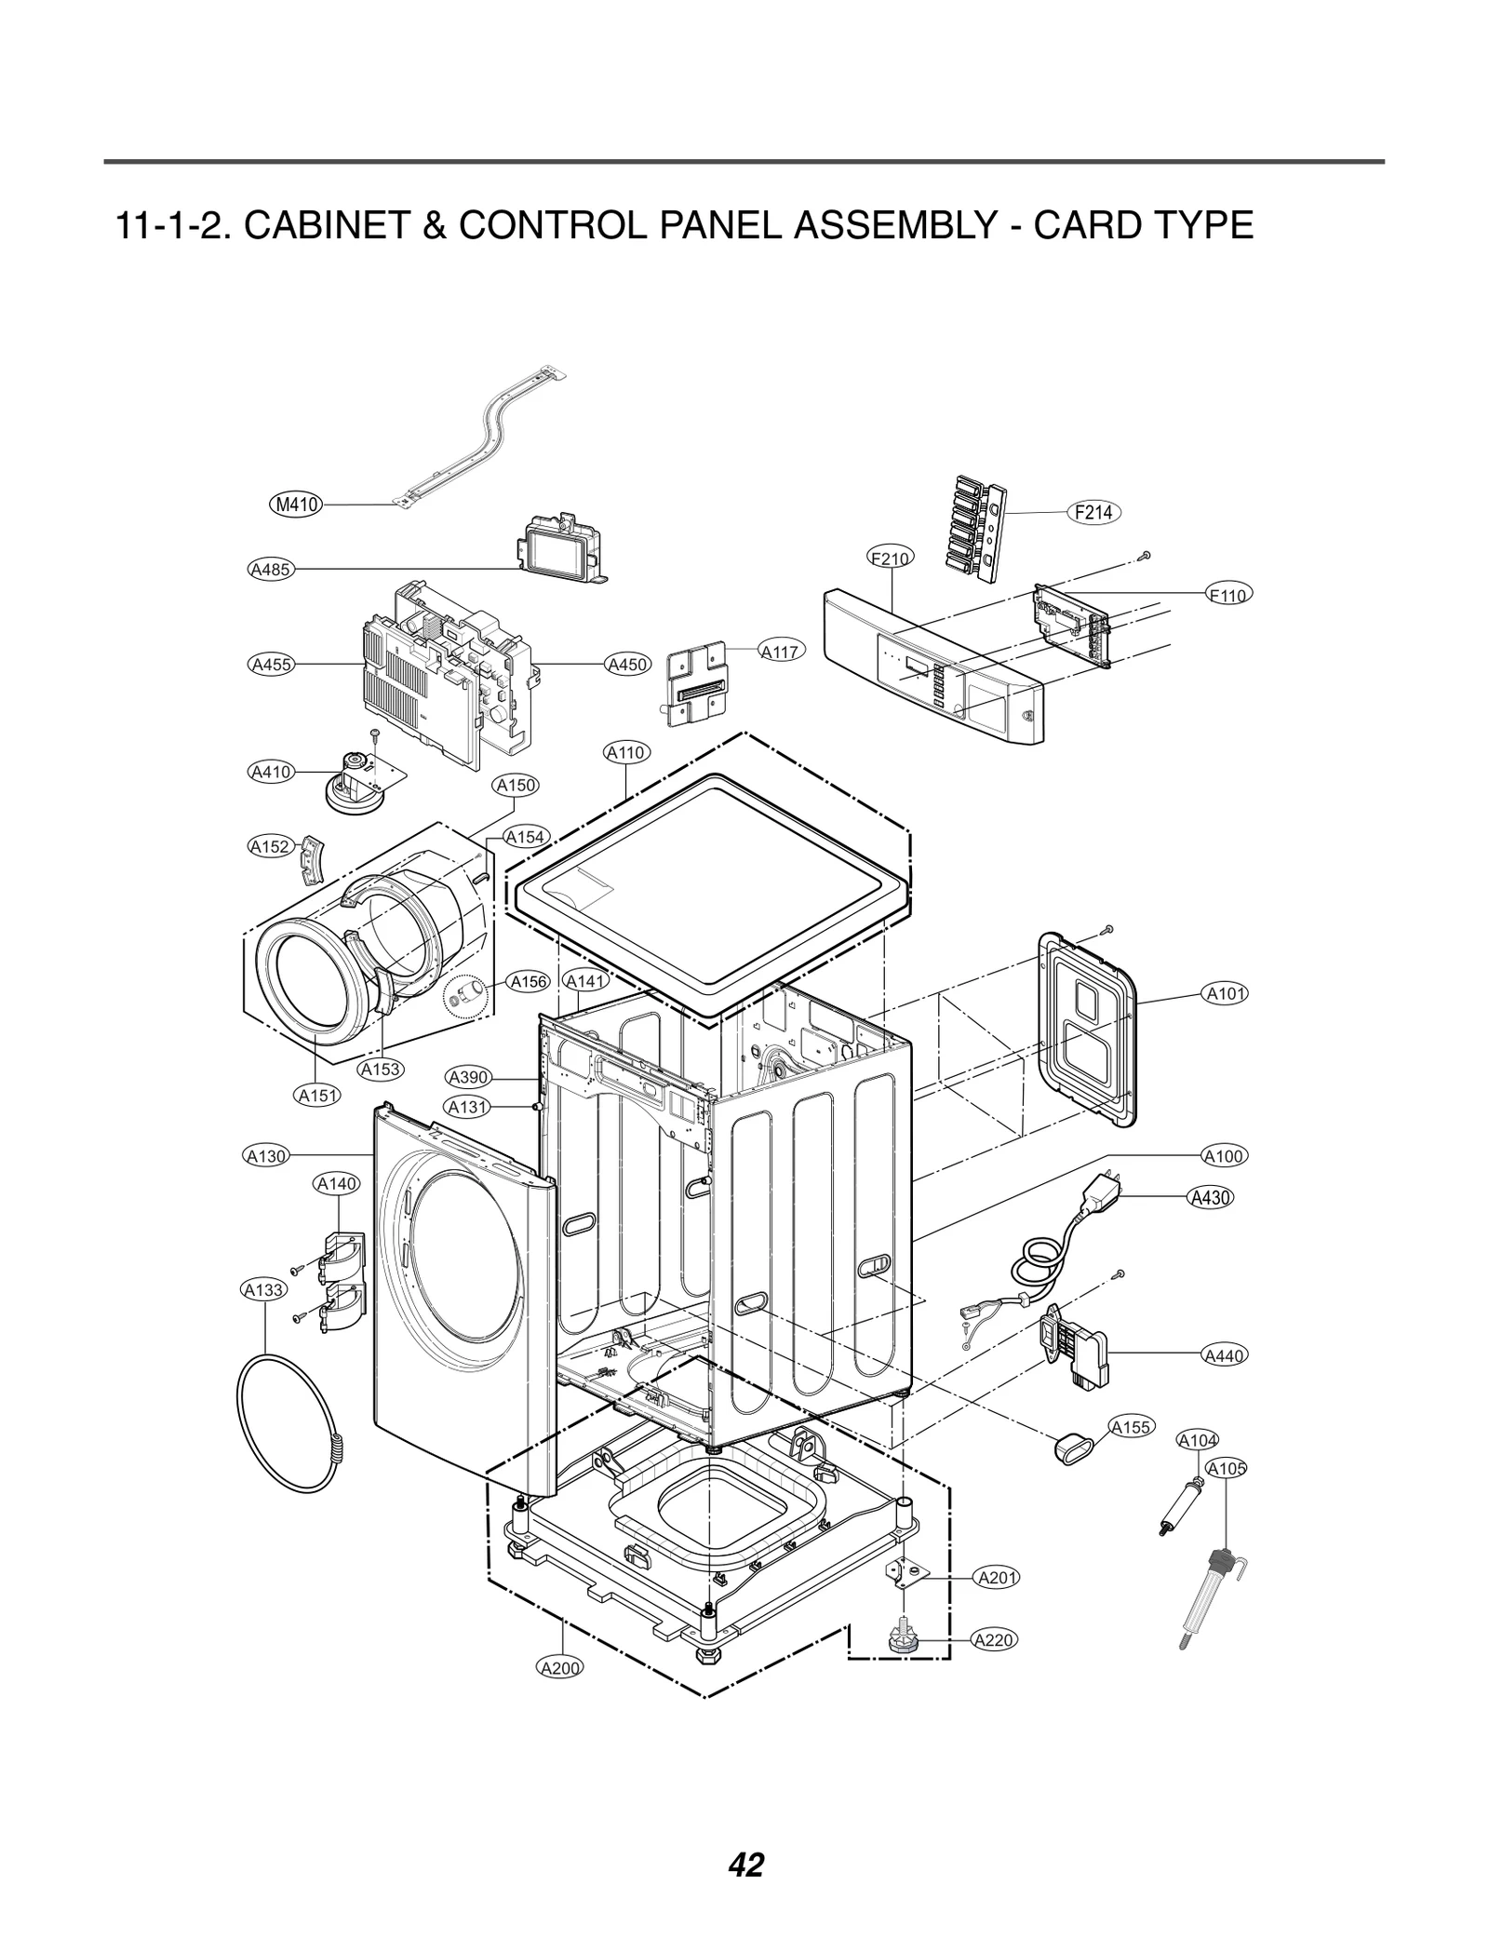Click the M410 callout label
click(296, 505)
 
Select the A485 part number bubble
click(272, 569)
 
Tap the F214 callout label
click(1093, 512)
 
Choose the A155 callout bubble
click(1132, 1427)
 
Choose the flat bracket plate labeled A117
click(696, 682)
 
